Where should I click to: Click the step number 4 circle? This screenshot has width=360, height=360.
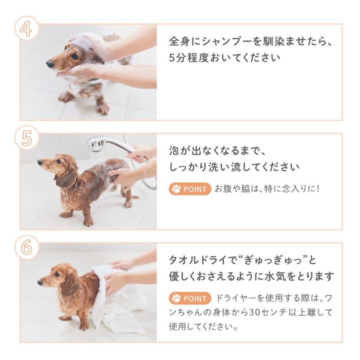coord(26,28)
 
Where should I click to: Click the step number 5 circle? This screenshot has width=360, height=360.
coord(26,138)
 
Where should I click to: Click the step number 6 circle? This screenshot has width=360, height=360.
coord(26,247)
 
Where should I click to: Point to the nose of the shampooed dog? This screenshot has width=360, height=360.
coord(50,64)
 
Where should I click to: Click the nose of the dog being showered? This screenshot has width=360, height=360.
coord(40,162)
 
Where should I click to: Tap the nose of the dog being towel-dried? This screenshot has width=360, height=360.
coord(40,282)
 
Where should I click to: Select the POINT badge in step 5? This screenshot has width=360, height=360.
coord(190,189)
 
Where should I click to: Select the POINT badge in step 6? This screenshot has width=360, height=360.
coord(190,298)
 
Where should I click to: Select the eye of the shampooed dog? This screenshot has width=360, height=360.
coord(74,56)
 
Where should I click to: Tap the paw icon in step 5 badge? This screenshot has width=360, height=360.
coord(176,189)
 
